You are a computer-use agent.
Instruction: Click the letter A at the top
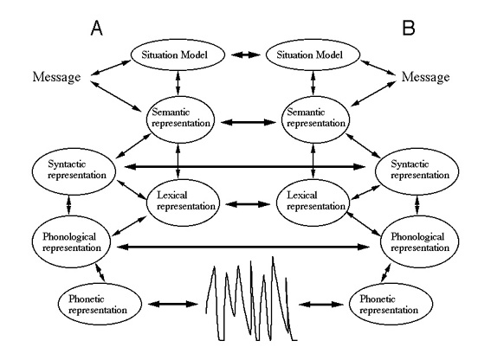point(96,28)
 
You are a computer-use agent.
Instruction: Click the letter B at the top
point(409,28)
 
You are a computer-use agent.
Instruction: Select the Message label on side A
point(56,77)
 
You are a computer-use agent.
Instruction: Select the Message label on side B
point(425,77)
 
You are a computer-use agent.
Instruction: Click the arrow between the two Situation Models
point(246,55)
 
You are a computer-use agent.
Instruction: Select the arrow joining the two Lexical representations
point(248,204)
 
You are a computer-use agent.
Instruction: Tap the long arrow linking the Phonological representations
point(243,247)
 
